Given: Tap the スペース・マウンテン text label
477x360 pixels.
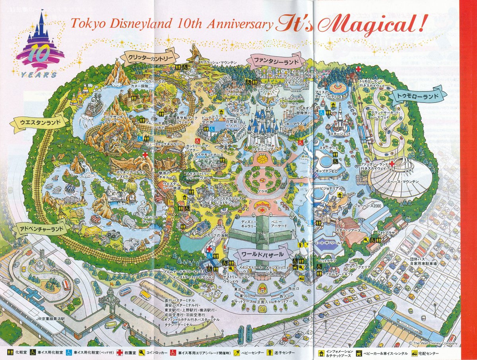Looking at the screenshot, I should click(x=407, y=182).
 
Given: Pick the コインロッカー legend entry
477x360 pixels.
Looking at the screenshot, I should click(x=152, y=352).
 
